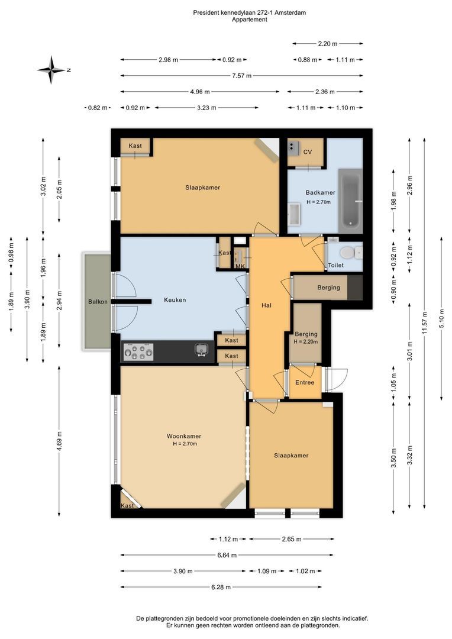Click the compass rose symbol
(51, 70)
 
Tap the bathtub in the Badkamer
(350, 201)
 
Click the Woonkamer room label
(184, 436)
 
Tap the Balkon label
(98, 302)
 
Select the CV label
(308, 152)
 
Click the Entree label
(305, 382)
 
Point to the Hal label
(267, 305)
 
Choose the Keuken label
(175, 300)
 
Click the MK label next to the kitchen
(240, 266)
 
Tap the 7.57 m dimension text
(242, 76)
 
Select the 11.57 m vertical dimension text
(425, 323)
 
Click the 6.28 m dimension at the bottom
(221, 588)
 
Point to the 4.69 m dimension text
(60, 441)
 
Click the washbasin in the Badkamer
(294, 214)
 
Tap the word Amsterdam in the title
(290, 12)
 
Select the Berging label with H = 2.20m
(306, 337)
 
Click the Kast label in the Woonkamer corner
(127, 505)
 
